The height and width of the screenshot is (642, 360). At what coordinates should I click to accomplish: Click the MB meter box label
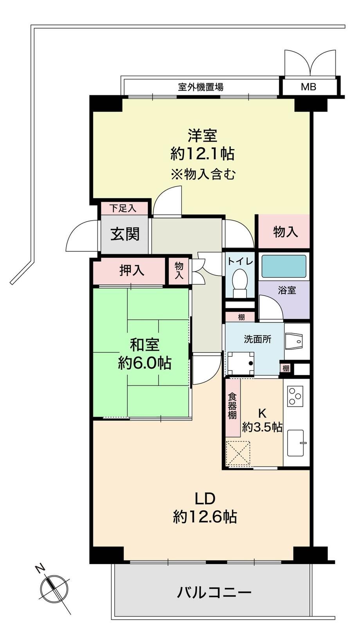pos(308,86)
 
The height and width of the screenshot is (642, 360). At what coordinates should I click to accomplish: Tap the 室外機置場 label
pos(201,86)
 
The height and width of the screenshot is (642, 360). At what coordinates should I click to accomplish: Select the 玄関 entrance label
pos(125,234)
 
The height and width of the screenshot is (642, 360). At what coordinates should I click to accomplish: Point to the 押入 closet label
pos(131,270)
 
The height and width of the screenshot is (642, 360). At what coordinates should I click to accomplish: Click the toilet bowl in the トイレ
pos(239,284)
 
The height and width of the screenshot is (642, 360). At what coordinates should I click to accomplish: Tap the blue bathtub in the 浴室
pos(284,266)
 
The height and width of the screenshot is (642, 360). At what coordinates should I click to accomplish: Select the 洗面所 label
pos(258,339)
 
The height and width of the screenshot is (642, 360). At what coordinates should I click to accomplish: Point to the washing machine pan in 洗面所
pos(241,363)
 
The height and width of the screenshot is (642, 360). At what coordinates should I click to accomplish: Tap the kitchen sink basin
pos(296,443)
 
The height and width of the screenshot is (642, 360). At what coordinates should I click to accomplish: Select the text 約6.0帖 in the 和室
pos(145,363)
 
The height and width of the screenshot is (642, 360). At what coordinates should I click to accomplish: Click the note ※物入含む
pos(203,174)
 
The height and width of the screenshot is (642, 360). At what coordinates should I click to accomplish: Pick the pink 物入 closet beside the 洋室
pos(284,231)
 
